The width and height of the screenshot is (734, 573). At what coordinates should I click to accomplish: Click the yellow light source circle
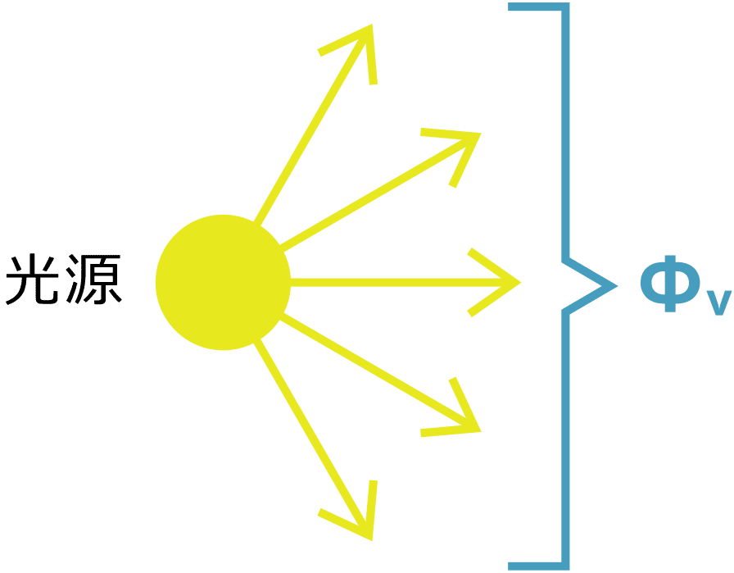tap(223, 282)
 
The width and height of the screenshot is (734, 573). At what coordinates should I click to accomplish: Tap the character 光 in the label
tap(32, 280)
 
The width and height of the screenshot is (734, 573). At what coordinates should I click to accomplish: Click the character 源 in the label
tap(93, 280)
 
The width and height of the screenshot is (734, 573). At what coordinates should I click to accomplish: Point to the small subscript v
tap(718, 303)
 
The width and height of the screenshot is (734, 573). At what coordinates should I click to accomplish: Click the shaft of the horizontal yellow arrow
tap(402, 283)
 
